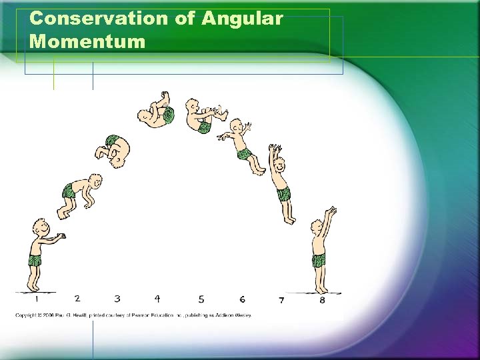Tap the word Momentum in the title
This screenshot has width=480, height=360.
(x=87, y=42)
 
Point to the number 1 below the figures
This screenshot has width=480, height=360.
(x=37, y=299)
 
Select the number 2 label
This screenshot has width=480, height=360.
(x=77, y=299)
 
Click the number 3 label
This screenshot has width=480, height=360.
(x=117, y=299)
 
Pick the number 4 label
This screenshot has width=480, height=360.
(x=157, y=299)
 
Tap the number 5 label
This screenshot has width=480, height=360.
(x=201, y=299)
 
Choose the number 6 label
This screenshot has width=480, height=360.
(x=242, y=299)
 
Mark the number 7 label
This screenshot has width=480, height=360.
(x=281, y=300)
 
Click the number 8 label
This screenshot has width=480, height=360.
(x=322, y=300)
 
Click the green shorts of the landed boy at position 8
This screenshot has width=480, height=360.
(x=319, y=259)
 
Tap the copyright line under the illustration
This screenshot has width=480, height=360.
(x=133, y=315)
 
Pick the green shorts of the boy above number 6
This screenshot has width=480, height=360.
(x=243, y=154)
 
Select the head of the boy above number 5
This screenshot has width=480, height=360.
(x=193, y=107)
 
